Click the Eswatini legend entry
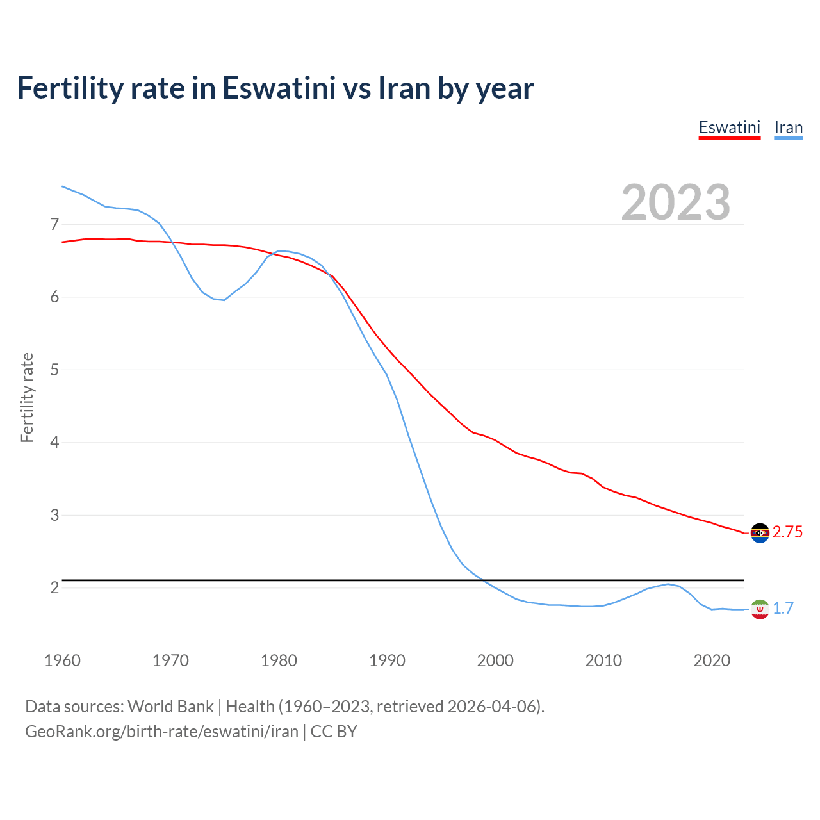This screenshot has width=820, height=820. [729, 127]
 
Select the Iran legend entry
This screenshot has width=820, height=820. [788, 127]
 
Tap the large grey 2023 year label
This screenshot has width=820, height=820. [676, 202]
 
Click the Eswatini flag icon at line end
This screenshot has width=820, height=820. [760, 533]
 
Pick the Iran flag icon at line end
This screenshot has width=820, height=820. [760, 609]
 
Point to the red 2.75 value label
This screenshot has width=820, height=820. [787, 532]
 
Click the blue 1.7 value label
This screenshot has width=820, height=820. [783, 609]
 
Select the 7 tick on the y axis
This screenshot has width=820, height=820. [54, 224]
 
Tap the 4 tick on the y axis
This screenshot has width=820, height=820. [54, 443]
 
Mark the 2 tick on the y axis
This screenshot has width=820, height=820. [54, 587]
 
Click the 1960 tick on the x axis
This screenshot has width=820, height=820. [62, 660]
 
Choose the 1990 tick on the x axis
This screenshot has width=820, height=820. [387, 660]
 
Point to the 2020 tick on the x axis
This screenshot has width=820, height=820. [712, 660]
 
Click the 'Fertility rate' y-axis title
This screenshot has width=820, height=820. [27, 397]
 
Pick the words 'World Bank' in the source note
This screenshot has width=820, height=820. [170, 707]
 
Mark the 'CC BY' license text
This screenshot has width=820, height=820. [334, 732]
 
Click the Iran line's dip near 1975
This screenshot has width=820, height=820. [224, 300]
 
